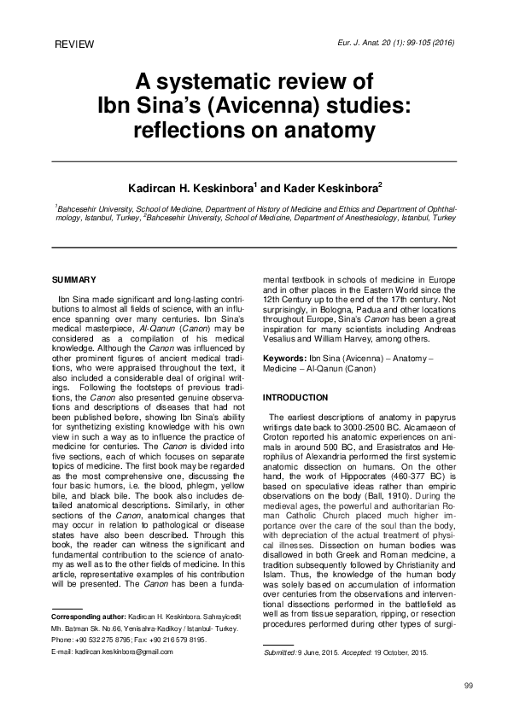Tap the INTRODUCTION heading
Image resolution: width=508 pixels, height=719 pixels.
point(295,398)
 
